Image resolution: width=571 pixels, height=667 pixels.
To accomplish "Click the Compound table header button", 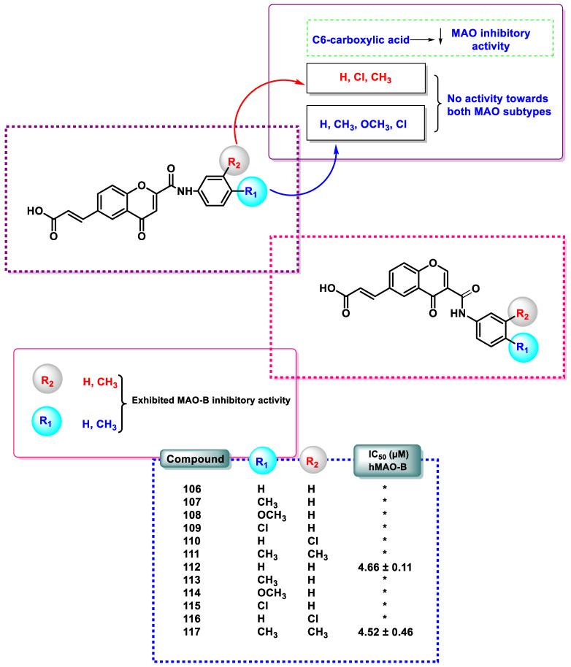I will [x=195, y=460].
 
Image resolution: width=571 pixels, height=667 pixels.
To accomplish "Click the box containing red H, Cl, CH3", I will [x=367, y=77].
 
